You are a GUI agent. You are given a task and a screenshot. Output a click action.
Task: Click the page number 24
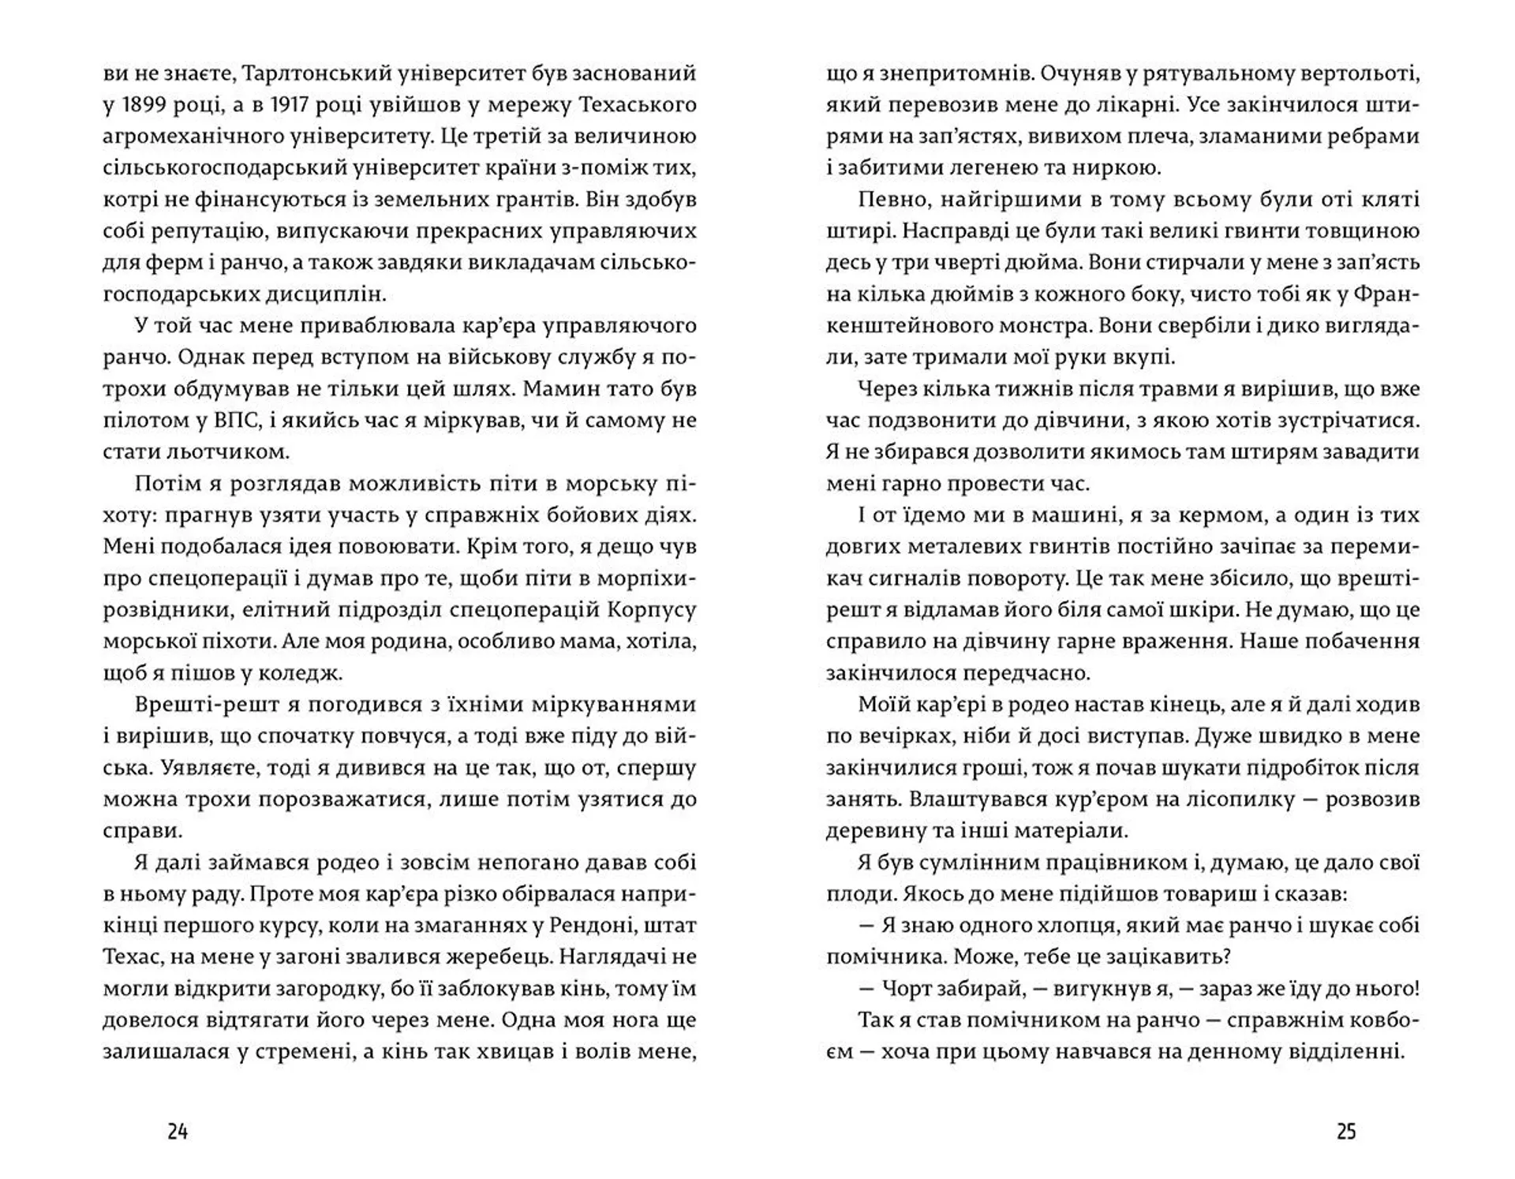pyautogui.click(x=178, y=1132)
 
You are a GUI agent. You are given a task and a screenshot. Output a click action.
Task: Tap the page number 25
pyautogui.click(x=1346, y=1132)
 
